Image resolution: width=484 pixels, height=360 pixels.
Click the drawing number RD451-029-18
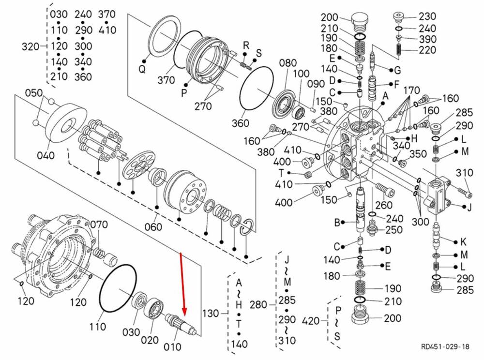pyautogui.click(x=445, y=346)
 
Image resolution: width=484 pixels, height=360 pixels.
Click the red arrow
pyautogui.click(x=183, y=285)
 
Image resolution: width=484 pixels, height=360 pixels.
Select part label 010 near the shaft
pyautogui.click(x=172, y=347)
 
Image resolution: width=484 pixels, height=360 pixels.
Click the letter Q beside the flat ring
pyautogui.click(x=142, y=69)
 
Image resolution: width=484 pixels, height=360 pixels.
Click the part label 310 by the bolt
pyautogui.click(x=464, y=173)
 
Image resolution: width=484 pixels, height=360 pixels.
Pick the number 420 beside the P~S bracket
pyautogui.click(x=311, y=320)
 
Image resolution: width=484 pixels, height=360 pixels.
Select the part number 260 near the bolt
pyautogui.click(x=383, y=206)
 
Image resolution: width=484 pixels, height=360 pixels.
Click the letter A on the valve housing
pyautogui.click(x=385, y=96)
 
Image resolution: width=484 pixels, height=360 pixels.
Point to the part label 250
pyautogui.click(x=393, y=230)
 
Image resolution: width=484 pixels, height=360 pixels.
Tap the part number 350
pyautogui.click(x=418, y=154)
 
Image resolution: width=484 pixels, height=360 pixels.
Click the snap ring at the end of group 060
pyautogui.click(x=247, y=226)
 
